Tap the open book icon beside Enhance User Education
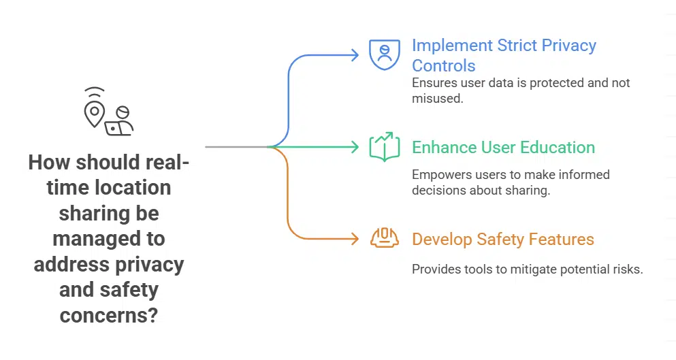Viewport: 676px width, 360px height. coord(385,147)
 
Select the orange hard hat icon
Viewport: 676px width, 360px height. coord(385,238)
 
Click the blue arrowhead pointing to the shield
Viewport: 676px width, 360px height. coord(355,55)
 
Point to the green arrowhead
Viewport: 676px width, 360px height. coord(355,147)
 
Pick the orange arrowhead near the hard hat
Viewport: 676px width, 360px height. coord(355,238)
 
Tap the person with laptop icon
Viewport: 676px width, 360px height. coord(120,122)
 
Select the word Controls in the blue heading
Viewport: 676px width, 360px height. coord(443,66)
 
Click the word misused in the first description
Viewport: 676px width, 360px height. coord(436,98)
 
